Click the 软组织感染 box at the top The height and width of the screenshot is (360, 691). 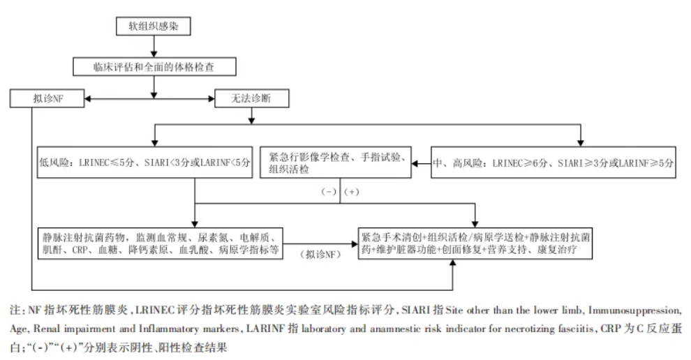click(x=152, y=26)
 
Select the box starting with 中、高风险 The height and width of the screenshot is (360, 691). click(x=553, y=163)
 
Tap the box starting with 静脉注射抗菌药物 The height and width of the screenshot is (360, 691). click(x=161, y=241)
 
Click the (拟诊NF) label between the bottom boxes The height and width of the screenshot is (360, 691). click(x=320, y=255)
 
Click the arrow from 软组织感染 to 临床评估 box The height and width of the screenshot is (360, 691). click(x=153, y=46)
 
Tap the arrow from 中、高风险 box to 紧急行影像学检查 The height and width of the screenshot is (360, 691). click(x=420, y=164)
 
